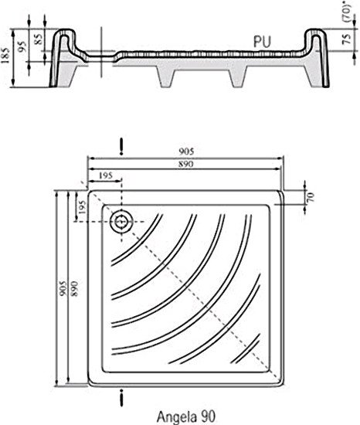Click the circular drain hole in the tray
tap(121, 222)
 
